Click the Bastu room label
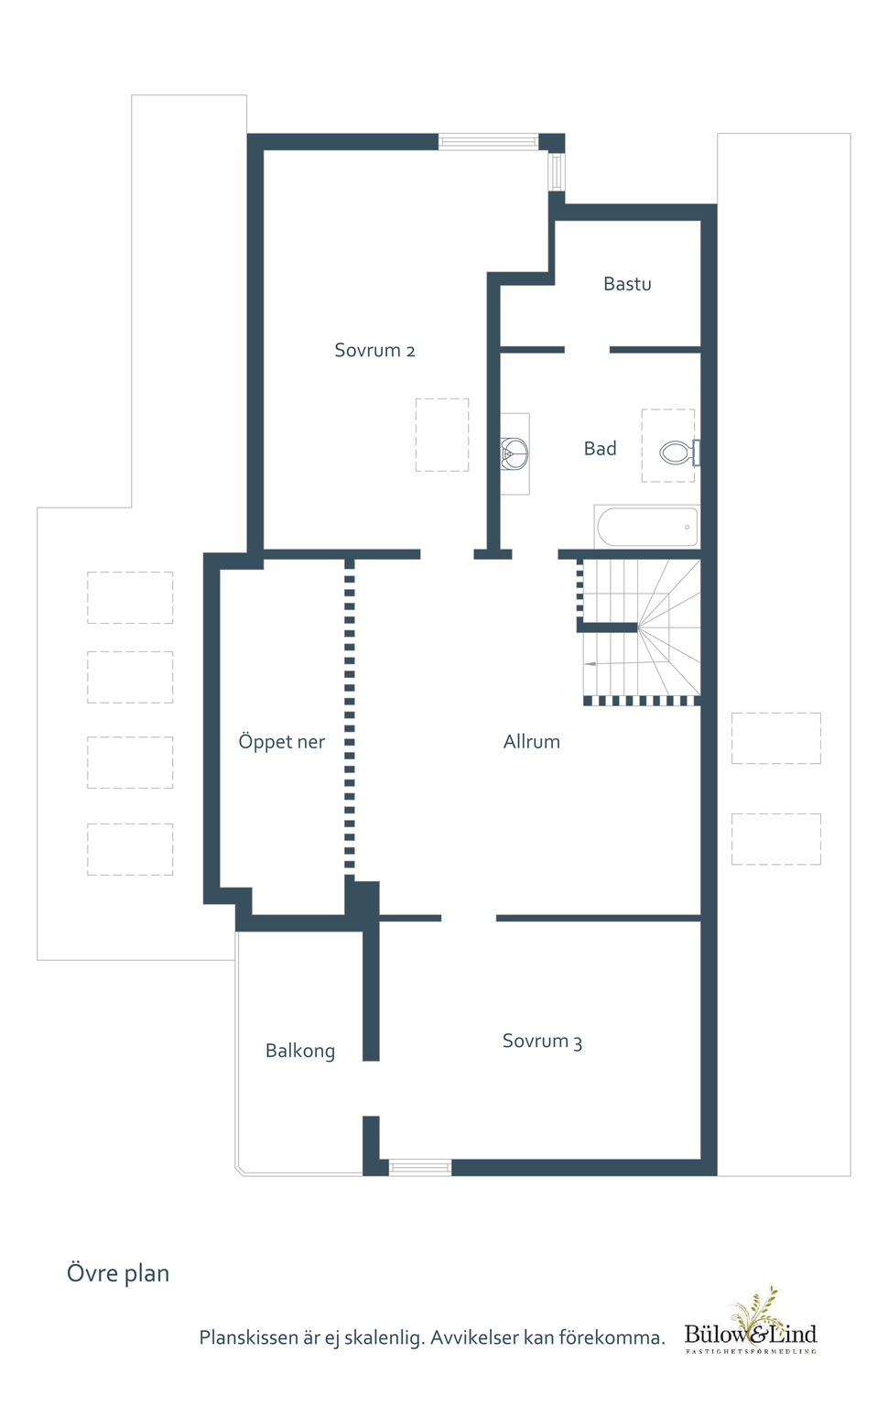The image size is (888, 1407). (x=627, y=284)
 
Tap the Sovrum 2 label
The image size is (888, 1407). (x=374, y=350)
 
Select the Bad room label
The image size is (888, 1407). (x=600, y=449)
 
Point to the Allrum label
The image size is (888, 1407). (x=532, y=742)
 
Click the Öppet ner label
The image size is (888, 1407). (x=282, y=742)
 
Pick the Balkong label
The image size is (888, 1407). (x=300, y=1051)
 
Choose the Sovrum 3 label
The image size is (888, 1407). (x=542, y=1041)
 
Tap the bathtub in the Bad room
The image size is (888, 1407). (x=647, y=527)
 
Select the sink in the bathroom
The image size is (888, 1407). (x=514, y=453)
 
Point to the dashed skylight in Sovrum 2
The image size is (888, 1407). (x=442, y=435)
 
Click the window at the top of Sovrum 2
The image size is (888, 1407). (x=488, y=141)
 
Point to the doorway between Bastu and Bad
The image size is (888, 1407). (x=587, y=350)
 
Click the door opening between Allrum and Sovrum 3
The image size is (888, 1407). (x=469, y=918)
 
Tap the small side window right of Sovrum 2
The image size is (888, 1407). (x=557, y=171)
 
